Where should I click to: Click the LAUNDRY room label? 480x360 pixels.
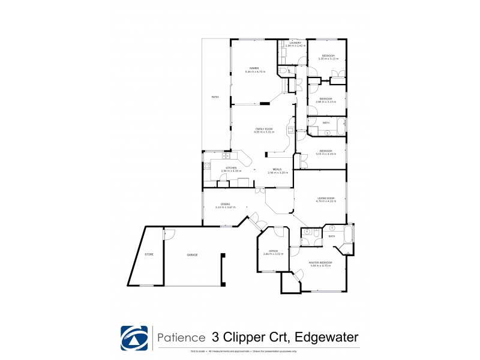pyautogui.click(x=295, y=43)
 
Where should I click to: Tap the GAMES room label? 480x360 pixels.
pyautogui.click(x=254, y=68)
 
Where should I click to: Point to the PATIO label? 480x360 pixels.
pyautogui.click(x=215, y=97)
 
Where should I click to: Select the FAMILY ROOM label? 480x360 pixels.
pyautogui.click(x=264, y=129)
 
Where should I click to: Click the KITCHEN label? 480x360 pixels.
pyautogui.click(x=231, y=168)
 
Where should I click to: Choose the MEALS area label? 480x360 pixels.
pyautogui.click(x=277, y=169)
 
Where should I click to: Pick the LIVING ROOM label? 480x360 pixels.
pyautogui.click(x=326, y=198)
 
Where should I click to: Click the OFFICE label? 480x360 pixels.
pyautogui.click(x=273, y=251)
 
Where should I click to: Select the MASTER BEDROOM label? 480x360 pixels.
pyautogui.click(x=320, y=263)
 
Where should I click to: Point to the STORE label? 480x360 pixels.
pyautogui.click(x=149, y=254)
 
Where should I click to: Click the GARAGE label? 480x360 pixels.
pyautogui.click(x=192, y=255)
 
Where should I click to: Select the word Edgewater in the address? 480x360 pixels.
pyautogui.click(x=328, y=337)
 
